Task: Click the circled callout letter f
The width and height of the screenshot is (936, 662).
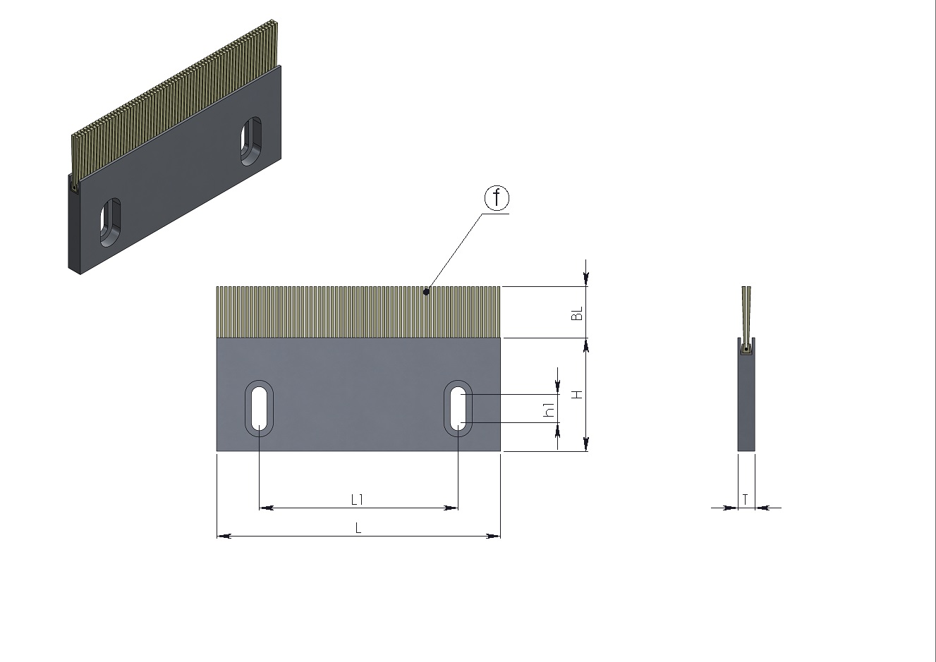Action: tap(497, 197)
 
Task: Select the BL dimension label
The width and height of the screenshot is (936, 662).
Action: tap(577, 313)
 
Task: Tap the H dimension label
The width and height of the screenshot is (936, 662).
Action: tap(577, 395)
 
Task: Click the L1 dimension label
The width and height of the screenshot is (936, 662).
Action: tap(357, 500)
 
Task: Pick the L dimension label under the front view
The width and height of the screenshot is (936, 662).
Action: tap(358, 528)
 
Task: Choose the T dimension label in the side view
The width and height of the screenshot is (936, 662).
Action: tap(745, 499)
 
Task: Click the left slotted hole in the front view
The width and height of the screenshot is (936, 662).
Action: tap(259, 408)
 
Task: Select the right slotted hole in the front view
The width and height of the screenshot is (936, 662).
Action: tap(458, 408)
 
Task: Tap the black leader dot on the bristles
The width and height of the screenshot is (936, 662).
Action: tap(426, 292)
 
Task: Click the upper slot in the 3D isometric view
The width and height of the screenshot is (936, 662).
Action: tap(251, 141)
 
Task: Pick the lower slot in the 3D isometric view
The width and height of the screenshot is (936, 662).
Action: tap(110, 223)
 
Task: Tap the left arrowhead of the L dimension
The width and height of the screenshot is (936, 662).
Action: tap(224, 536)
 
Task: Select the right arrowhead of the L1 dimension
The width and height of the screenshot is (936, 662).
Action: tap(451, 508)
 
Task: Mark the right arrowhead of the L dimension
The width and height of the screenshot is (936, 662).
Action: tap(493, 536)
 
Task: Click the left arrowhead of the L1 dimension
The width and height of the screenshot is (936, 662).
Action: tap(266, 508)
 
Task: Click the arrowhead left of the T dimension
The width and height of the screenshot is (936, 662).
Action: tap(731, 508)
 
